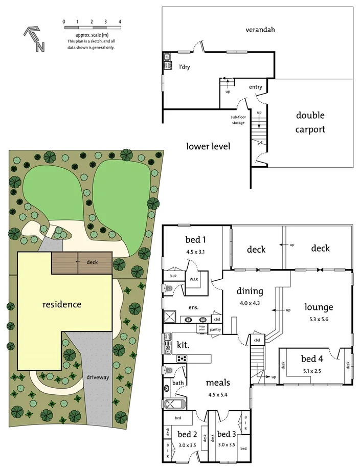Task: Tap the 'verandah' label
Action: (x=260, y=30)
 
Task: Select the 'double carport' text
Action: (x=310, y=123)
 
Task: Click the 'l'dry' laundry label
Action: (x=184, y=66)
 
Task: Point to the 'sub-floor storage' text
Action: (x=237, y=120)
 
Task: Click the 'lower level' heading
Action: (x=208, y=146)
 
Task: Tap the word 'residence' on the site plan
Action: (x=61, y=304)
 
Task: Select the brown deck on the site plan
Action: (x=82, y=262)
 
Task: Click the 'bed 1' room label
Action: (x=195, y=240)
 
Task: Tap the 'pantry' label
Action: (x=215, y=330)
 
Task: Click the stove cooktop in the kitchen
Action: (x=183, y=359)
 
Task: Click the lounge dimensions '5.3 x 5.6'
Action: (x=319, y=320)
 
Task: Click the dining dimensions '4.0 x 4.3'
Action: (x=250, y=303)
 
